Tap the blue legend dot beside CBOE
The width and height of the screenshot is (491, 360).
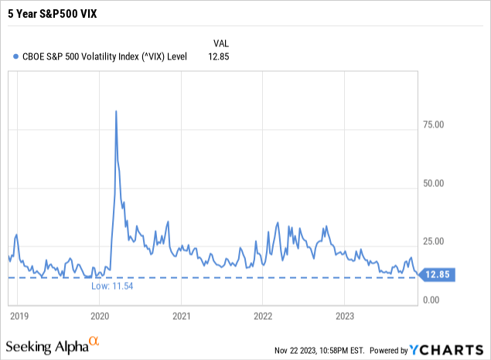pos(16,56)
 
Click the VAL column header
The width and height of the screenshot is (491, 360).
pos(220,42)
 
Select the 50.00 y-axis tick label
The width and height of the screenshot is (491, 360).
pos(441,183)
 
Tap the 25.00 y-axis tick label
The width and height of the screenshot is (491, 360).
pos(441,241)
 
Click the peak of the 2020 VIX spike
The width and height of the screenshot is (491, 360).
pos(116,111)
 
